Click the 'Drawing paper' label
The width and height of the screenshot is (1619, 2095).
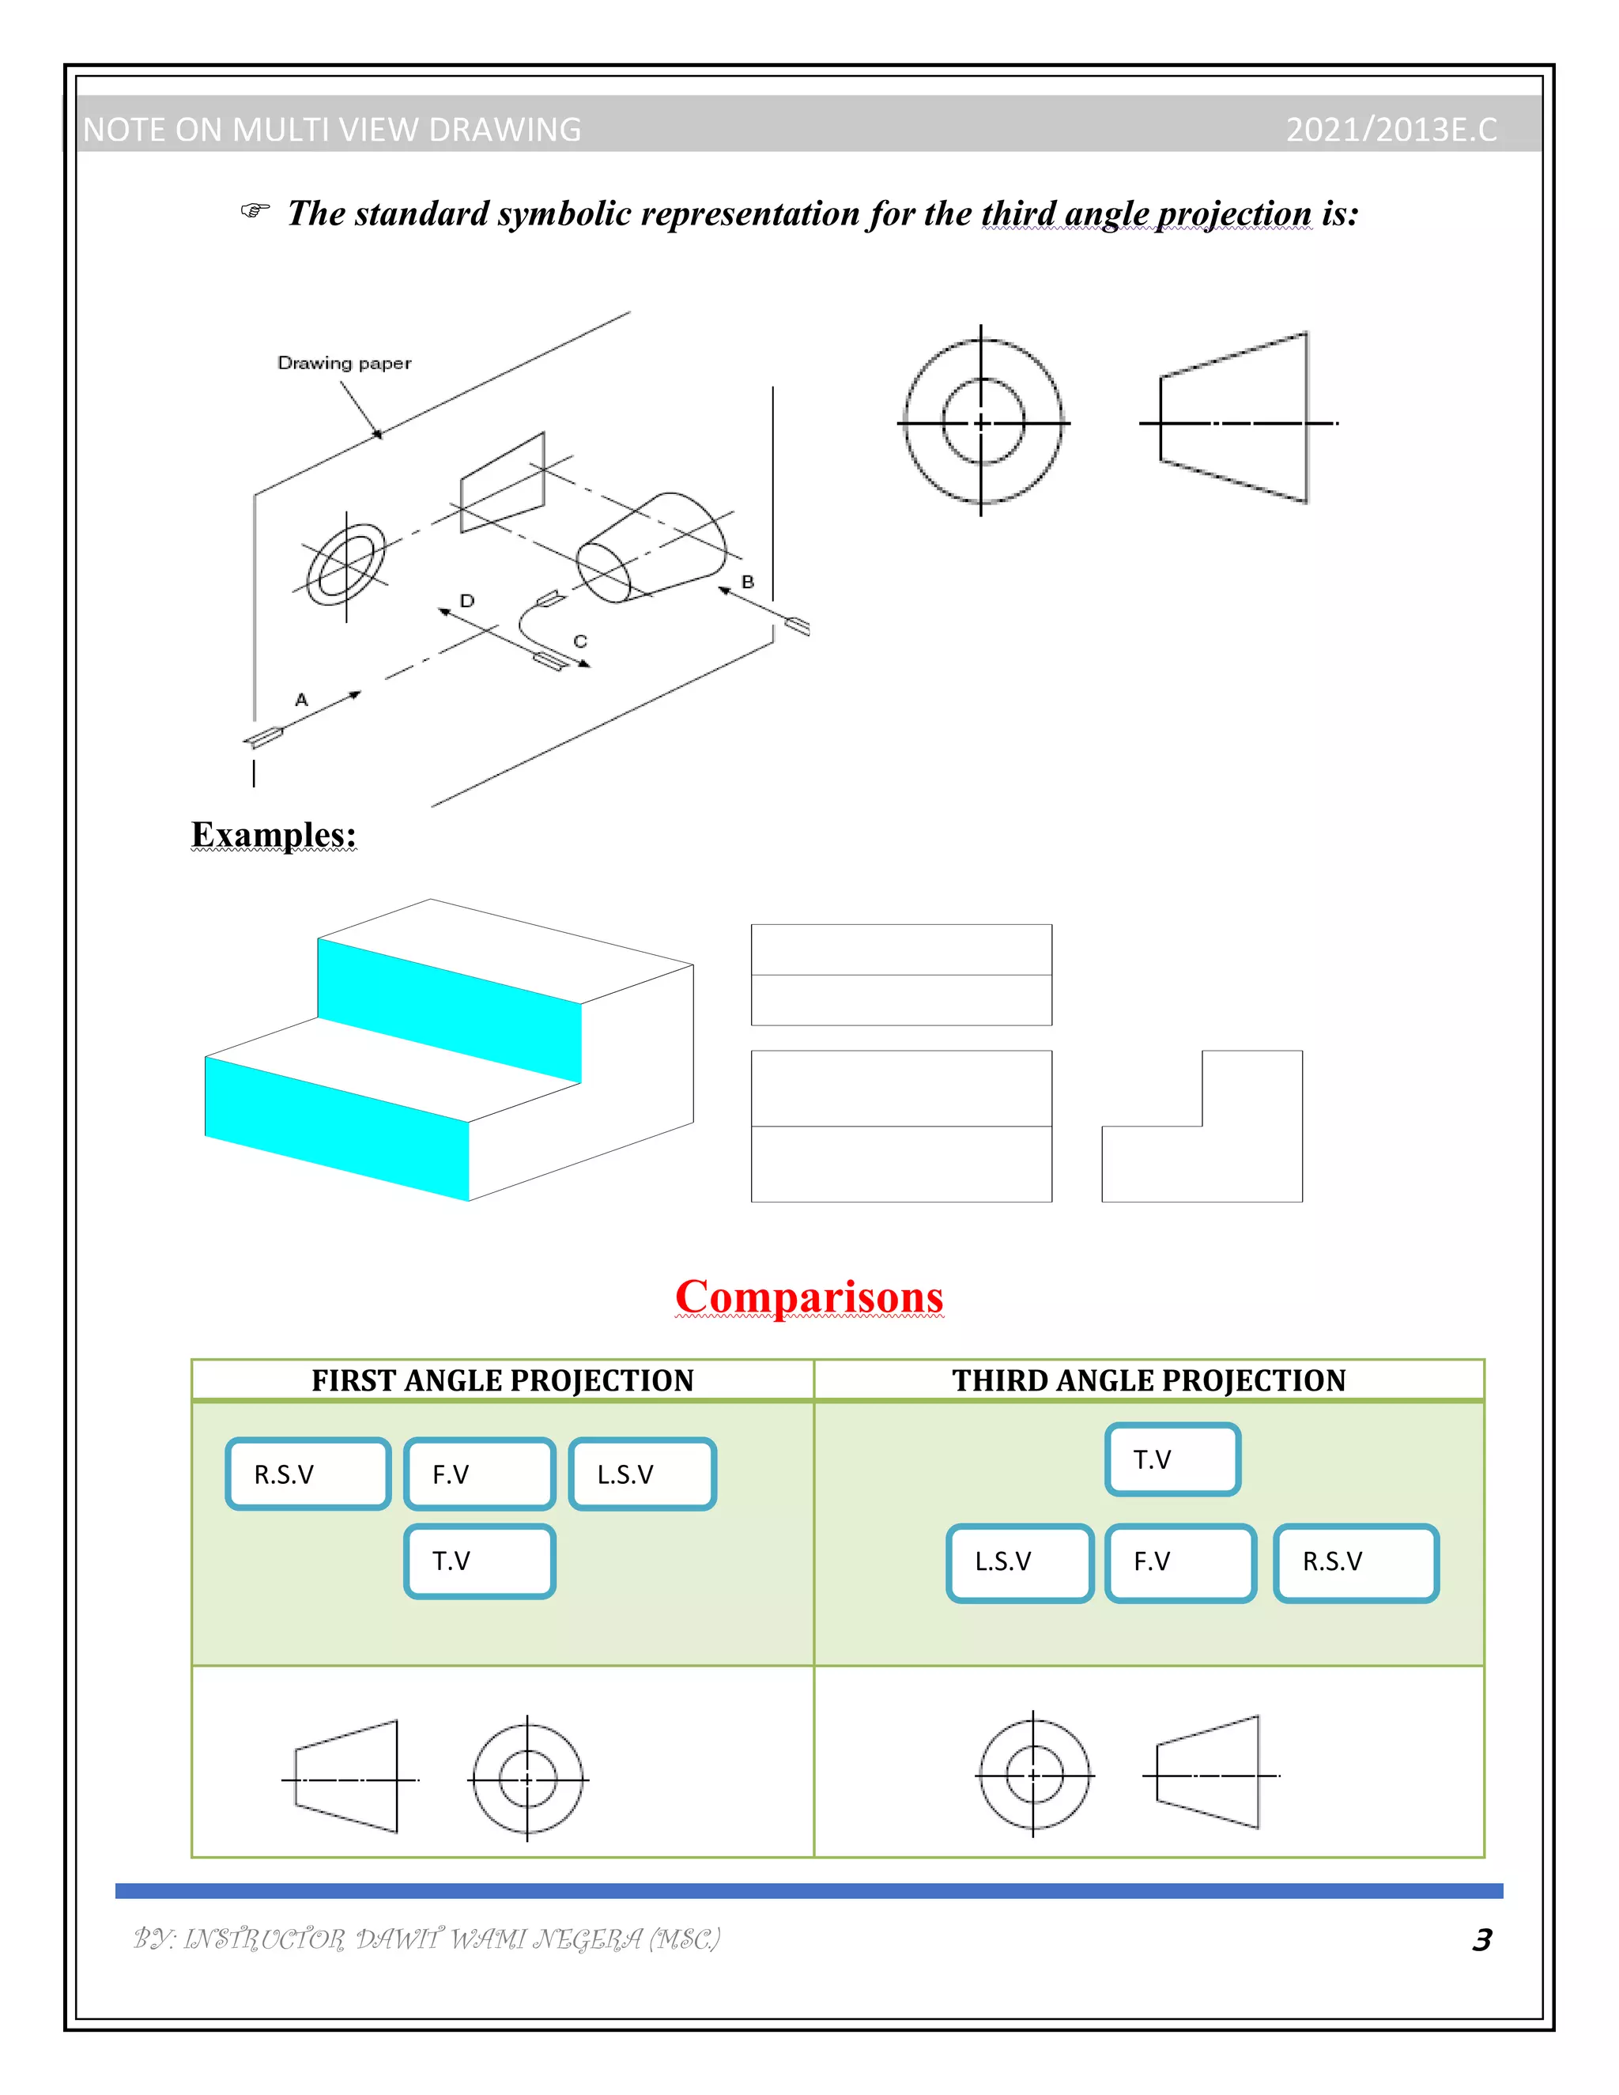click(345, 363)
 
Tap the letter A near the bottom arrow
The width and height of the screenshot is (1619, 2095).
click(301, 700)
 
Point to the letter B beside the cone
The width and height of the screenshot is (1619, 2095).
click(748, 581)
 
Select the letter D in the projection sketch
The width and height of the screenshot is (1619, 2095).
click(467, 601)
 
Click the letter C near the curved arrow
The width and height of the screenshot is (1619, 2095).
click(579, 641)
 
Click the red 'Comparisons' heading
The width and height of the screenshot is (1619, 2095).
click(809, 1297)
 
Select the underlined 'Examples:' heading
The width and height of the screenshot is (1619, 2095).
click(274, 835)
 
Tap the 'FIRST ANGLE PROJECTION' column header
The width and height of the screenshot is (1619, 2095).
click(503, 1380)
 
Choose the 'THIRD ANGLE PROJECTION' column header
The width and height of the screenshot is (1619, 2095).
click(1149, 1380)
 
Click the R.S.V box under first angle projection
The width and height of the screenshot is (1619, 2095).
click(308, 1474)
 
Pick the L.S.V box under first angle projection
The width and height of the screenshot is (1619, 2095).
click(643, 1474)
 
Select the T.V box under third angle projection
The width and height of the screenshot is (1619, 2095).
click(1173, 1460)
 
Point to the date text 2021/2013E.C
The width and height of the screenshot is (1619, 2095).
click(1391, 130)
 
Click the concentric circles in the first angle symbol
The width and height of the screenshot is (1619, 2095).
click(527, 1780)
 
